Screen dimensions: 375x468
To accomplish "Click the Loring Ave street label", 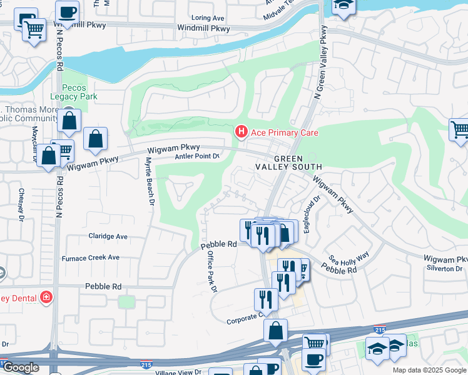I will [x=209, y=19].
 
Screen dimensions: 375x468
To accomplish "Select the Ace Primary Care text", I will [x=284, y=132].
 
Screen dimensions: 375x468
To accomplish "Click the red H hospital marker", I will [x=240, y=132].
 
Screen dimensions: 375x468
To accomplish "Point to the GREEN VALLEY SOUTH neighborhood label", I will [x=288, y=163].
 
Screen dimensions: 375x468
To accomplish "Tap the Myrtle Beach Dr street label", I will [x=150, y=181].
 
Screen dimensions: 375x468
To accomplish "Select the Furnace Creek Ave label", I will [x=90, y=257].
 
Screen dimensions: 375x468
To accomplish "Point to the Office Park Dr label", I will [x=211, y=271].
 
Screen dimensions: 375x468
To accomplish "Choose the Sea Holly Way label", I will [x=348, y=258].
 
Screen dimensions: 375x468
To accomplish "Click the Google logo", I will [x=21, y=368].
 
